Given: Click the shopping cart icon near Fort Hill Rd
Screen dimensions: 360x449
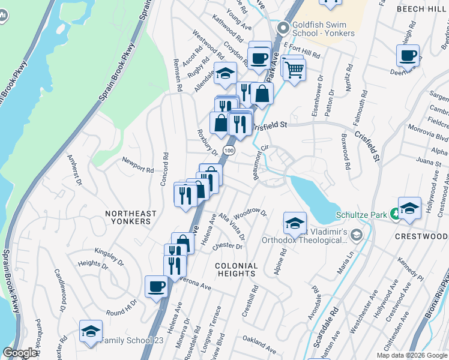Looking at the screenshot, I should tap(294, 69).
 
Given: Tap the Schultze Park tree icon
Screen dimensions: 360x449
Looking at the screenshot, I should tap(395, 213).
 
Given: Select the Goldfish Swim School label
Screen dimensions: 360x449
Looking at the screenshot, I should tap(319, 30).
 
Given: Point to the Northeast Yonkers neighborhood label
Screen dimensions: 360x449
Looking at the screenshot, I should tap(131, 217).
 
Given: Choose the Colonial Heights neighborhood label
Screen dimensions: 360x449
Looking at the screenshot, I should tap(237, 269).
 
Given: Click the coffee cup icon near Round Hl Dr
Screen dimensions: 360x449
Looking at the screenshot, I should tap(156, 286).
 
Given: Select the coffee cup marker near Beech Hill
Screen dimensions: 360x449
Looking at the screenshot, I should tap(408, 56).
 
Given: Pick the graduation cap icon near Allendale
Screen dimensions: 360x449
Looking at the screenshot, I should tap(225, 73).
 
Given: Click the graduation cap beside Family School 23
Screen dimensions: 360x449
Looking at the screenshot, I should tap(91, 331).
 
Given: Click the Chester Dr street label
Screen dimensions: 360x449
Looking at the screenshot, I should tap(228, 245).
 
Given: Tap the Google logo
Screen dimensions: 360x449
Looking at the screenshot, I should tap(20, 353).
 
